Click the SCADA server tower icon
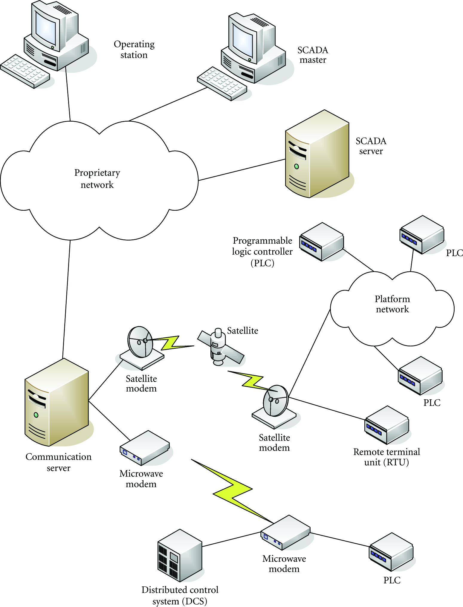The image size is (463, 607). coord(317,154)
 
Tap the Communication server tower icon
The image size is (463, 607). coord(56,402)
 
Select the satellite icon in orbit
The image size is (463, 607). coord(221,347)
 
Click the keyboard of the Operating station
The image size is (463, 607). coord(25,71)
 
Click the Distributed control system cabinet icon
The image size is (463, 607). coord(180,556)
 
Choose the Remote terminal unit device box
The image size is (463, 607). coord(386,425)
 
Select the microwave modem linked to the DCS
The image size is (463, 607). coord(285,533)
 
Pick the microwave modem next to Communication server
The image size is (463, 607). coord(145,448)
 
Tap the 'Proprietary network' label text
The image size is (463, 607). coord(97,178)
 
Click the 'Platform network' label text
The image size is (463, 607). coord(392,304)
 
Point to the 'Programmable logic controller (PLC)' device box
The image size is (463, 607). coord(322,242)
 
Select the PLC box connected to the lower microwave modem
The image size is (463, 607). coord(391,552)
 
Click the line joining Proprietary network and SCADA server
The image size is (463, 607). coord(242,170)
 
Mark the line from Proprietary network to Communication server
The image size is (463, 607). coord(66,299)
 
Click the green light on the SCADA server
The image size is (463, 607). coord(297,166)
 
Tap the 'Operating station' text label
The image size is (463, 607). coord(134,50)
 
